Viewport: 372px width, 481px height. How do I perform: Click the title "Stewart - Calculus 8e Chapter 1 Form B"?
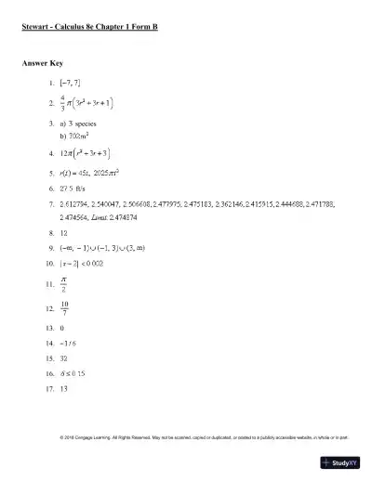click(89, 28)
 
